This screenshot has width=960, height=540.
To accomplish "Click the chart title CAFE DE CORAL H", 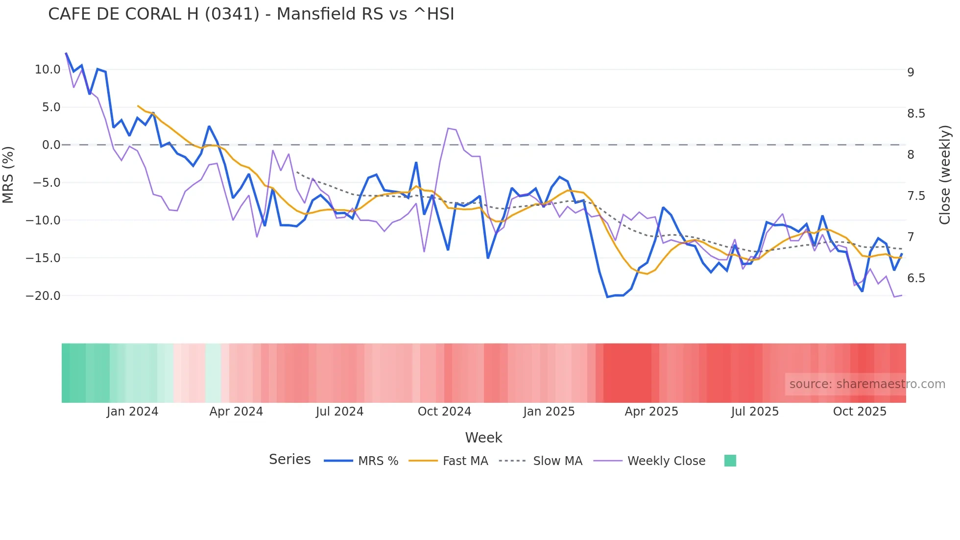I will click(x=251, y=14).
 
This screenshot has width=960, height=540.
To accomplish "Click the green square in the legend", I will click(x=730, y=461).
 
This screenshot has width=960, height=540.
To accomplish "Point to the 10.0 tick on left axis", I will click(x=48, y=70).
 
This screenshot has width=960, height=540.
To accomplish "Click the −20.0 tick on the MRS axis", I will click(x=43, y=296).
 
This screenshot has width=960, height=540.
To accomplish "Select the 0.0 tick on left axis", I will click(x=51, y=145).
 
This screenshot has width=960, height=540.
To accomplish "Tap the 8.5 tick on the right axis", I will click(x=916, y=114).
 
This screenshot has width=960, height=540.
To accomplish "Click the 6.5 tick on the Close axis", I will click(x=916, y=278).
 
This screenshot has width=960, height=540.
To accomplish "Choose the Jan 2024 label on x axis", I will click(x=132, y=412).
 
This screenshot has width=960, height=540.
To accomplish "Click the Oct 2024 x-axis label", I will click(x=444, y=412).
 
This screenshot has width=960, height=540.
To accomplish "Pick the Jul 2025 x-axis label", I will click(x=755, y=412).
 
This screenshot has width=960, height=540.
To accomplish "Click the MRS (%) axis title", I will click(x=8, y=174).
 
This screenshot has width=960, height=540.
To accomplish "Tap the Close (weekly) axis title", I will click(x=945, y=174).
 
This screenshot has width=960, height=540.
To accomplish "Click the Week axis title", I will click(x=483, y=438).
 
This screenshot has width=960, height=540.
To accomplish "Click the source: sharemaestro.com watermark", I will click(x=867, y=384).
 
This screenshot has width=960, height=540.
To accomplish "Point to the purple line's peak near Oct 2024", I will click(x=449, y=128).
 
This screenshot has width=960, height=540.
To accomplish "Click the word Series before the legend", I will click(x=289, y=460).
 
